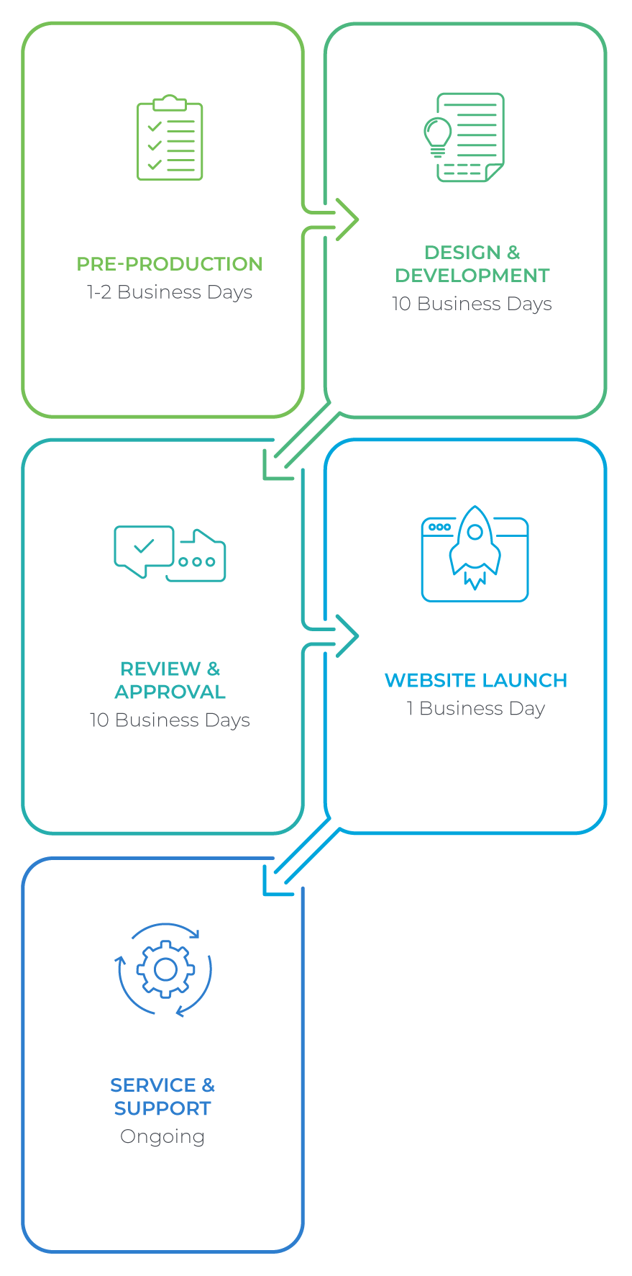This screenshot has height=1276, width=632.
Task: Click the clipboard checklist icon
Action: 170,138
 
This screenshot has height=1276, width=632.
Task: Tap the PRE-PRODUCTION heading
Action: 170,264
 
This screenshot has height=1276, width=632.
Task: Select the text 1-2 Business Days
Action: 170,292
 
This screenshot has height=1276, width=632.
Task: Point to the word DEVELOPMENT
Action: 472,276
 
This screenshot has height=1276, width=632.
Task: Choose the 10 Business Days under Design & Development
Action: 472,304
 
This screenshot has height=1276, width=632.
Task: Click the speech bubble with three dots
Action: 198,559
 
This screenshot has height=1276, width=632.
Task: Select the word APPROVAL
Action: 170,692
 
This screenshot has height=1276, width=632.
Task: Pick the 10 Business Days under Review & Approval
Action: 170,720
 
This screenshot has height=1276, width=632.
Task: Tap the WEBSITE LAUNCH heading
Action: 475,681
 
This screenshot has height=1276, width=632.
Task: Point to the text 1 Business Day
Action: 475,709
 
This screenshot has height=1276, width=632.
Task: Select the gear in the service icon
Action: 165,969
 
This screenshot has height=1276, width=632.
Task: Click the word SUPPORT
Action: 162,1109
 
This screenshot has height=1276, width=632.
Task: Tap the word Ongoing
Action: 162,1137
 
